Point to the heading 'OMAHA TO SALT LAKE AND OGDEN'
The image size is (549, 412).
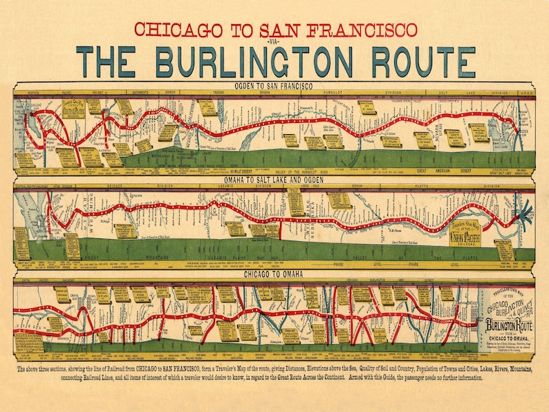(274, 180)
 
